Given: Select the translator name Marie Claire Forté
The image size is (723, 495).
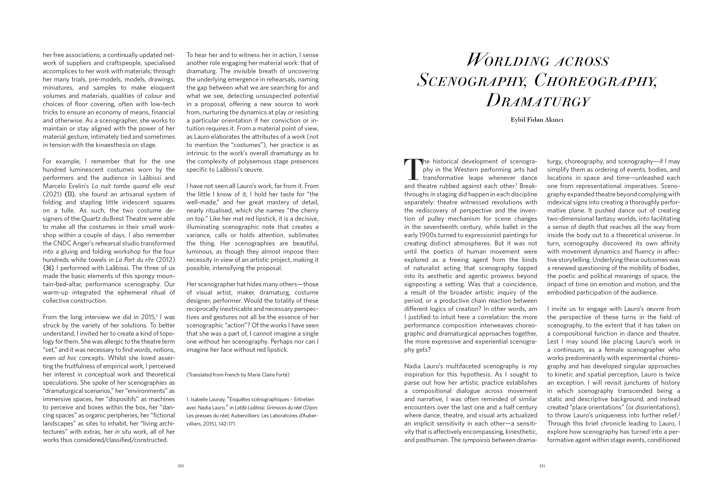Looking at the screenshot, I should point(268,375).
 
